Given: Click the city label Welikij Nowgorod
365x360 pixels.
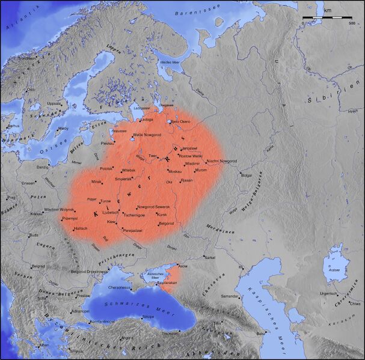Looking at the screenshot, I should (147, 135).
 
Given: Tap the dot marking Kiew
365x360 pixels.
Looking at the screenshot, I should (118, 222).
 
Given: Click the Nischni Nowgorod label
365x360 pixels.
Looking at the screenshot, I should (221, 161).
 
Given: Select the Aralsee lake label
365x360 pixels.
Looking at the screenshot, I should (334, 270).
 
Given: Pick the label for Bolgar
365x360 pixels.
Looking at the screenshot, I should (246, 175).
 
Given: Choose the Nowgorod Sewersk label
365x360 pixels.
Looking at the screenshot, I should (154, 207).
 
